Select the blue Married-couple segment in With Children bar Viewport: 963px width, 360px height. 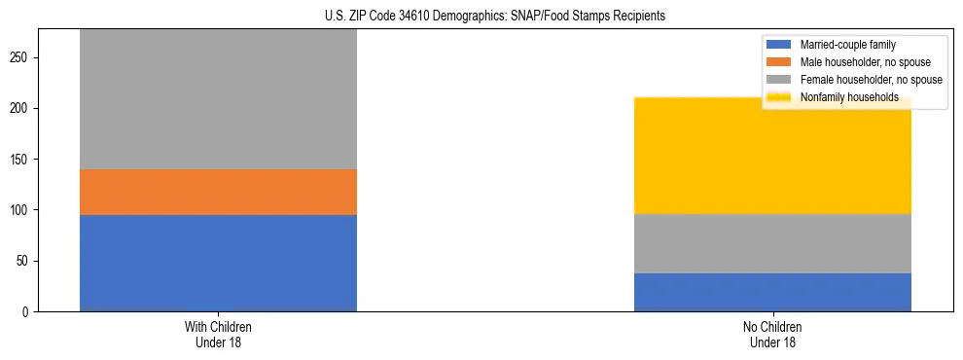[x=218, y=263]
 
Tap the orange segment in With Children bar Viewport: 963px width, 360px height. [x=218, y=192]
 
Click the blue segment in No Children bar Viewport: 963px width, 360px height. [x=772, y=292]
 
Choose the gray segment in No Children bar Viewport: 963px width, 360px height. [x=772, y=243]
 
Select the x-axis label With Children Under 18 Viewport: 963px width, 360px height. [x=218, y=334]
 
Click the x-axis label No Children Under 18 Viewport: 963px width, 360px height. [x=772, y=334]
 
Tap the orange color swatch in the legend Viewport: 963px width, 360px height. [x=779, y=62]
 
